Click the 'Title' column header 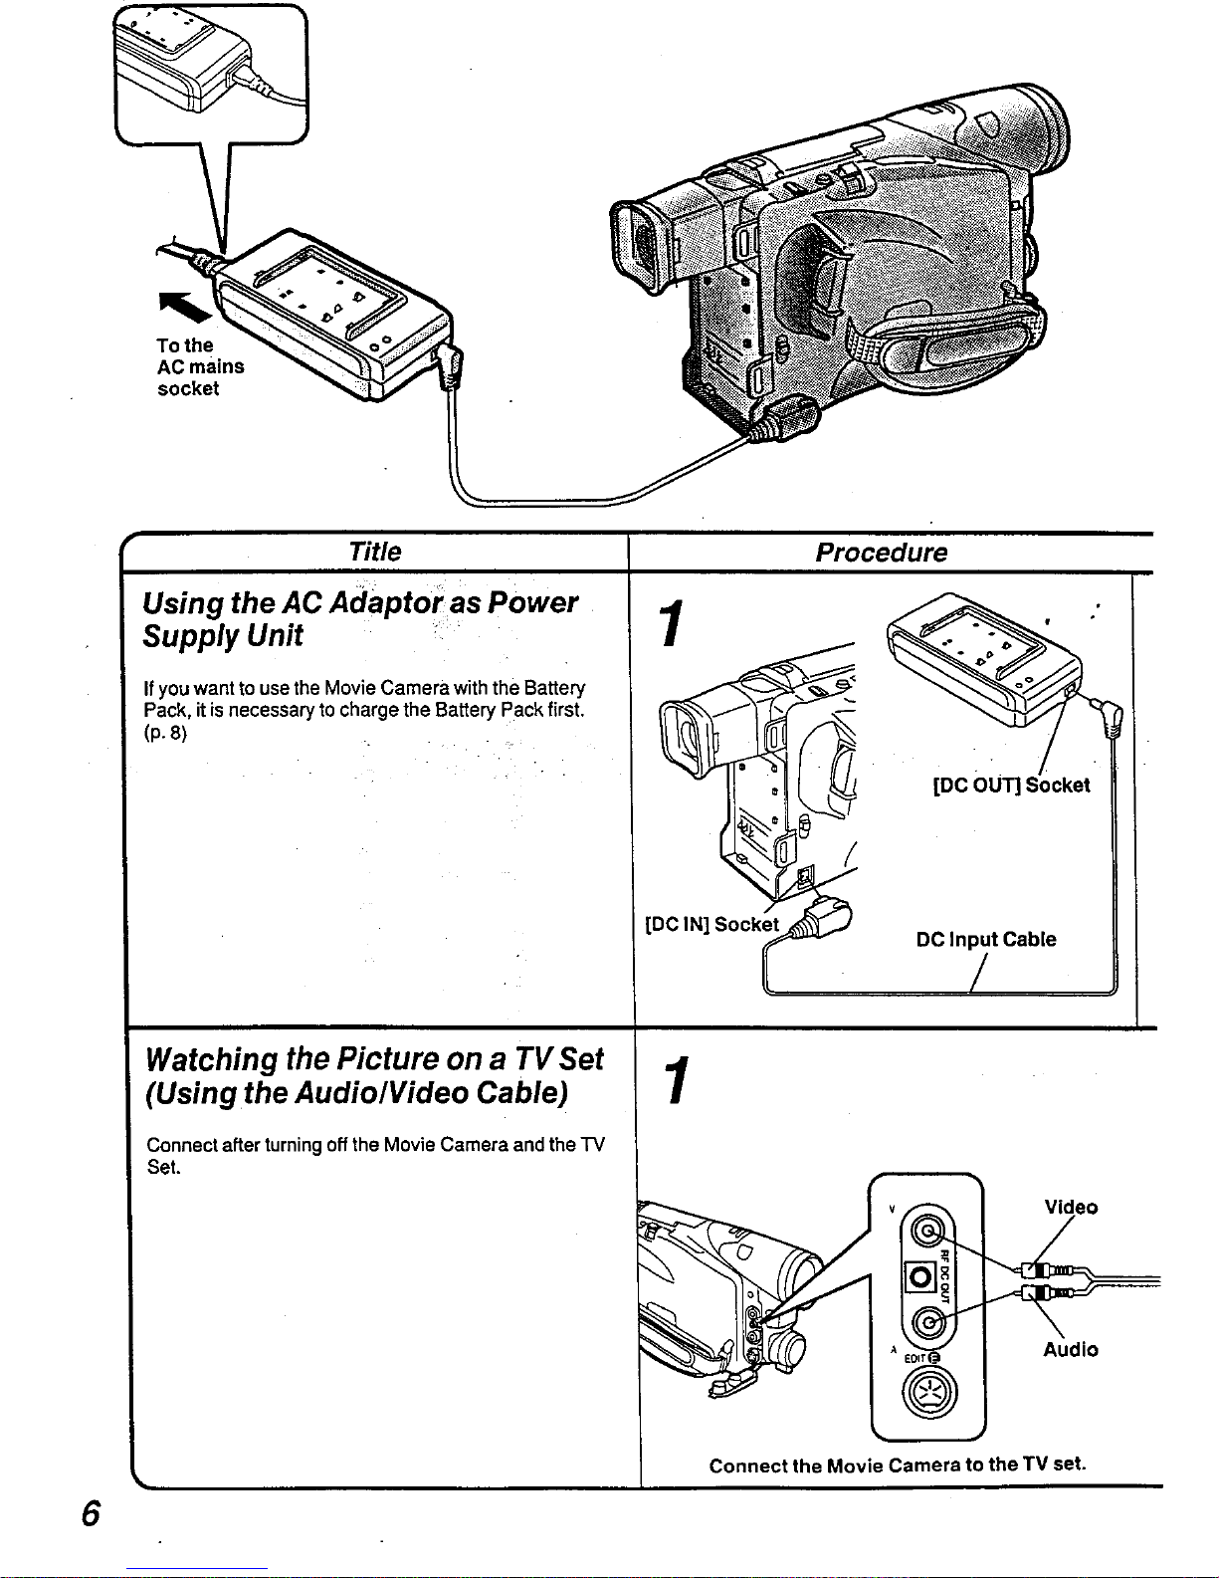pos(375,552)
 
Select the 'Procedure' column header pos(881,553)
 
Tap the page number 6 pos(91,1514)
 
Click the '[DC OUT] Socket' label pos(1011,786)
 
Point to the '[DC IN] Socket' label pos(712,924)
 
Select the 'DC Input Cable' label pos(986,940)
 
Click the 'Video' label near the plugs pos(1071,1208)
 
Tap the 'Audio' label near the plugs pos(1071,1350)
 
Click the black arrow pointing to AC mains pos(185,308)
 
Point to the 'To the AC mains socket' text pos(200,367)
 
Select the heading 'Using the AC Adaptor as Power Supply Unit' pos(359,619)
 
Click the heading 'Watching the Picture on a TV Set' pos(374,1058)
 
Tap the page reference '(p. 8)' pos(165,734)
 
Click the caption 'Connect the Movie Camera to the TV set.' pos(898,1465)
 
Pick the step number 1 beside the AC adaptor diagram pos(675,624)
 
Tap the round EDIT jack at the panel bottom pos(927,1392)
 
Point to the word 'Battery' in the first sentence pos(554,688)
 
